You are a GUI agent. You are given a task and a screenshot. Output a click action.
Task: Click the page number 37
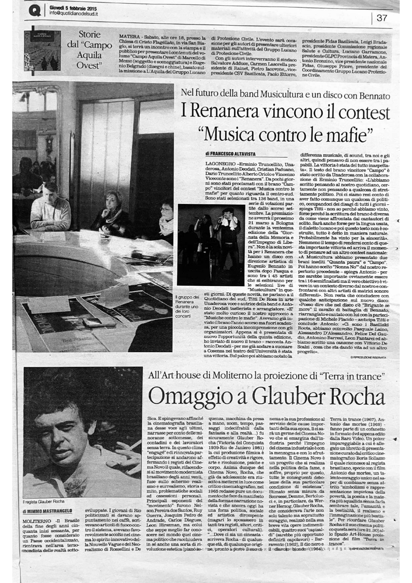(x=382, y=18)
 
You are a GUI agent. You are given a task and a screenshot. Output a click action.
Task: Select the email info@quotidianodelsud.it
(x=73, y=14)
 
